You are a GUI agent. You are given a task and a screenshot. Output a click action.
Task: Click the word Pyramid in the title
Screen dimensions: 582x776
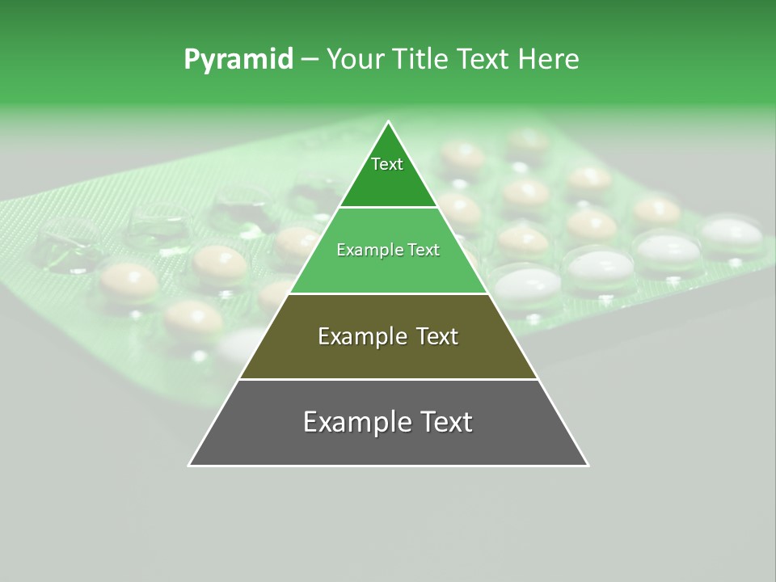coord(238,60)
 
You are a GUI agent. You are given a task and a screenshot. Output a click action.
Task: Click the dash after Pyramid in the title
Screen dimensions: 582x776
coord(310,60)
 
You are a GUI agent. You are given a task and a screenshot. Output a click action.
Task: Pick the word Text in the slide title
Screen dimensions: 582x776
coord(483,59)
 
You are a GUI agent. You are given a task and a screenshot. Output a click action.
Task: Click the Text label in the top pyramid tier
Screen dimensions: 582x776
coord(387,164)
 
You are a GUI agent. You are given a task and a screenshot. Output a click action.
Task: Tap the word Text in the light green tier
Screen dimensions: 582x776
coord(424,250)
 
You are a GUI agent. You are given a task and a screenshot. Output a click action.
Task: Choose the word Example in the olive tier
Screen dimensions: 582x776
coord(360,336)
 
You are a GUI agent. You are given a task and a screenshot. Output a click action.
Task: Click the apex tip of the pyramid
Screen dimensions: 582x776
coord(388,122)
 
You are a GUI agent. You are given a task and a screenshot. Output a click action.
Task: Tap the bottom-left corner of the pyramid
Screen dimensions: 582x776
coord(189,466)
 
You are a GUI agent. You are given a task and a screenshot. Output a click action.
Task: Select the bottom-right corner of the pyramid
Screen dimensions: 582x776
coord(588,466)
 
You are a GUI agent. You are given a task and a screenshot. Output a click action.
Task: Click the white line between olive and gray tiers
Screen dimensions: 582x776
coord(388,379)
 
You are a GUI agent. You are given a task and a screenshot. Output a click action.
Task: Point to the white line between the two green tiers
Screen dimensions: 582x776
coord(388,208)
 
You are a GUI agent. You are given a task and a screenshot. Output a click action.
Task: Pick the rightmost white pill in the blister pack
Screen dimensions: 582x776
coord(732,233)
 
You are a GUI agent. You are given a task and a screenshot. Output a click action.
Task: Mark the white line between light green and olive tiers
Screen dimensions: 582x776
coord(388,293)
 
